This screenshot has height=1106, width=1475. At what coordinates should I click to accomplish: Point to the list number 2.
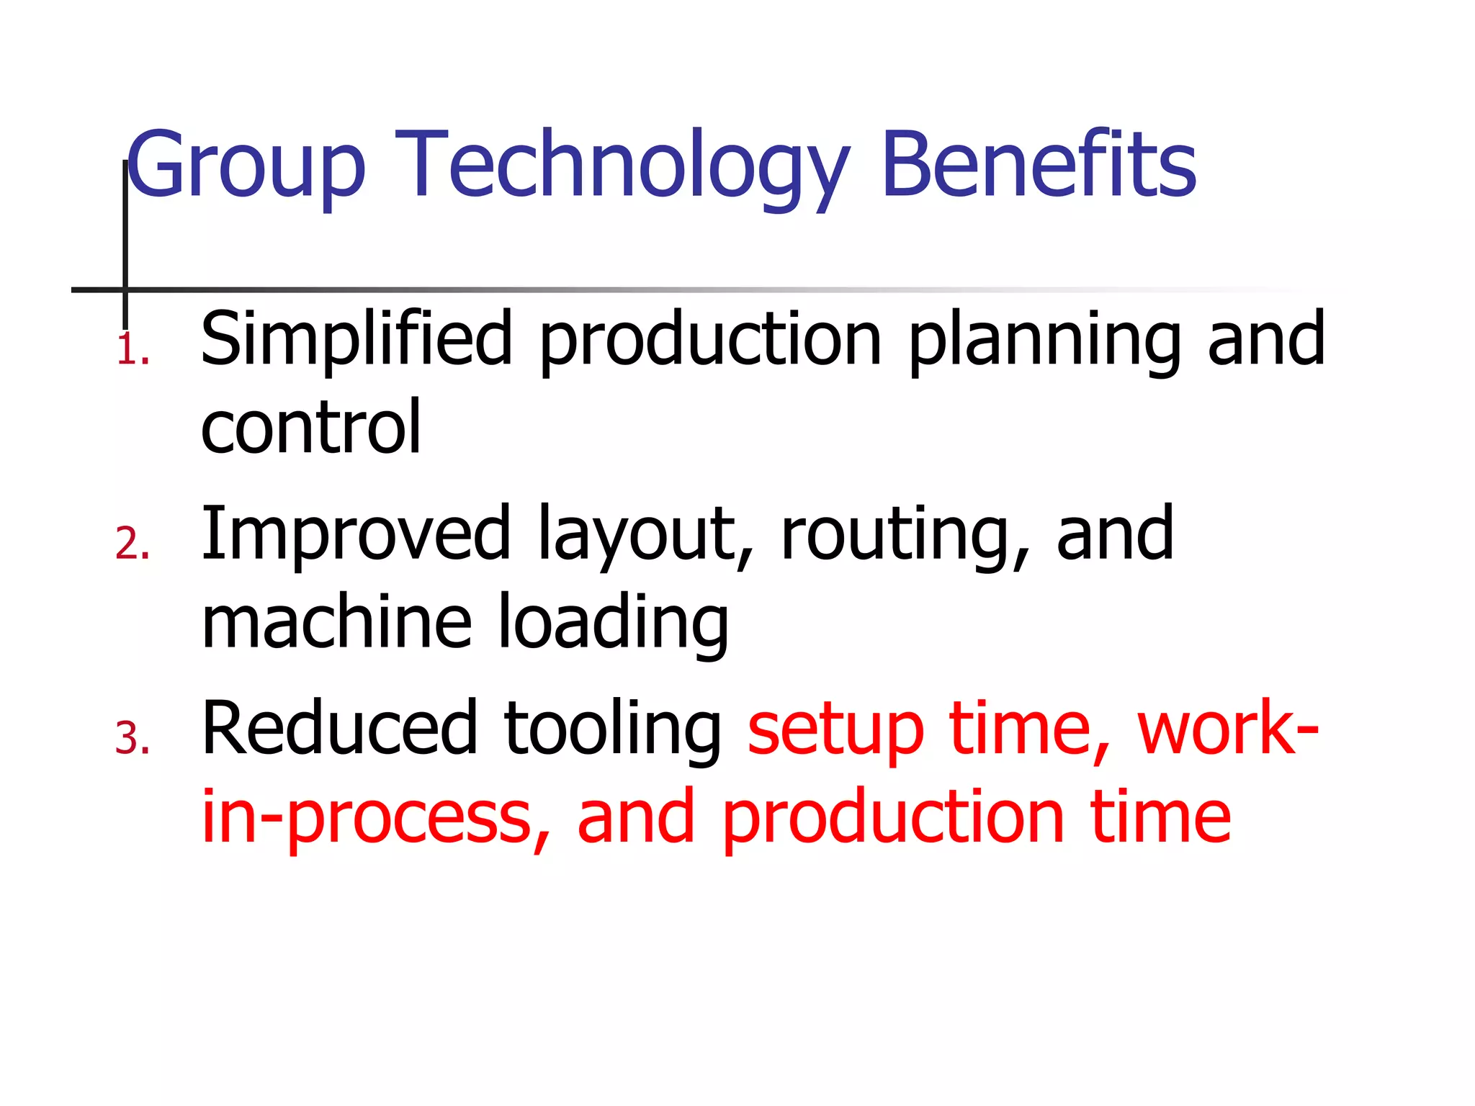coord(133,544)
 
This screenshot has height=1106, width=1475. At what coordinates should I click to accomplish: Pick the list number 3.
coord(133,739)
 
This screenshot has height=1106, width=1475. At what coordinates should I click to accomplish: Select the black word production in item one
coord(710,338)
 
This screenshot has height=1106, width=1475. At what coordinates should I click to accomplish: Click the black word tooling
coord(613,730)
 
